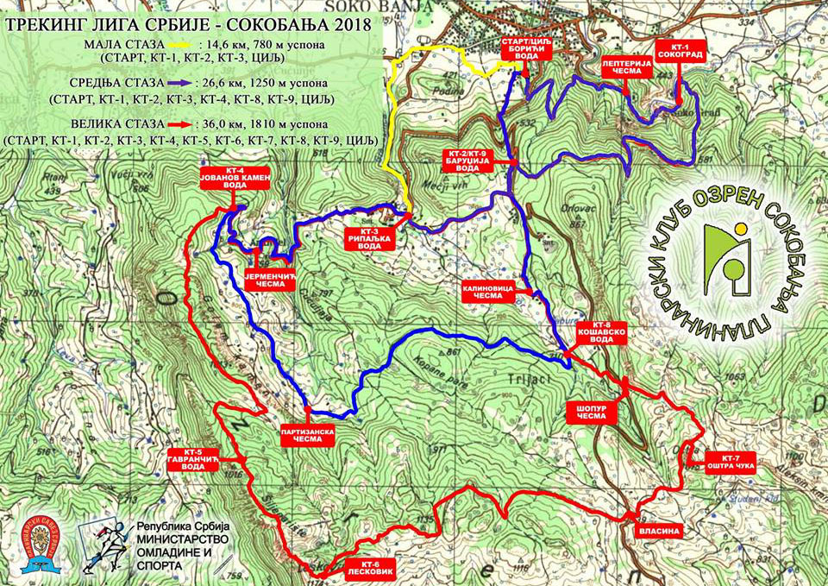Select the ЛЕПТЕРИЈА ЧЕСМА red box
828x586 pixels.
621,67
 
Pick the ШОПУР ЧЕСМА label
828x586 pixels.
592,412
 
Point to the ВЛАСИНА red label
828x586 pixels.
660,532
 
